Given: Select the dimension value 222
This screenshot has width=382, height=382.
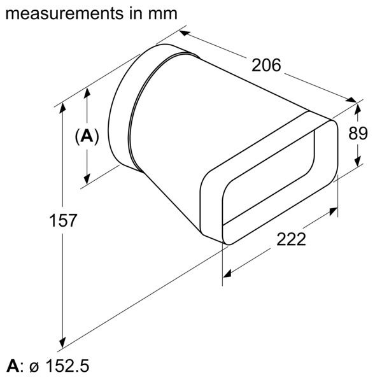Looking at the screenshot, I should point(291,240).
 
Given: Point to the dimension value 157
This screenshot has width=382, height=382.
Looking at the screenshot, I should point(64,221).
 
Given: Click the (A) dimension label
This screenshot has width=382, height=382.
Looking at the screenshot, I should point(87,136).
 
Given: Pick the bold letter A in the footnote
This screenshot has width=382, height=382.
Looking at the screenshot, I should point(12,367).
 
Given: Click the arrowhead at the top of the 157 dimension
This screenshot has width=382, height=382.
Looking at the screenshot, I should point(63,108).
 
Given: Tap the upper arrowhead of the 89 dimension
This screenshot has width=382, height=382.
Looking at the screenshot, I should point(359,106).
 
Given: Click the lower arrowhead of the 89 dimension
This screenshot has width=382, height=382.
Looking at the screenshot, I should point(359,162).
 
